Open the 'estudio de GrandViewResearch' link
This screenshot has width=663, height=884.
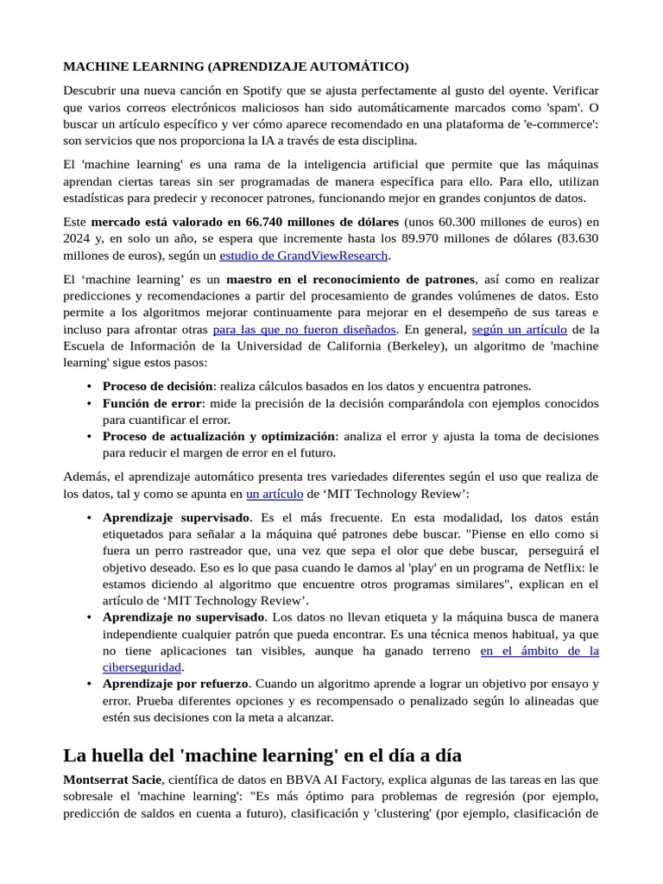[304, 255]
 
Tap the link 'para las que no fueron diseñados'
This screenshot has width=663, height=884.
[305, 330]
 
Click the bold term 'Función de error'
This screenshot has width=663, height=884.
[152, 403]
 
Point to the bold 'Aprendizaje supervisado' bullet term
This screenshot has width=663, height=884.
[176, 518]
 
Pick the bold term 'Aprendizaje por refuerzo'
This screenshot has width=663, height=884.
[175, 684]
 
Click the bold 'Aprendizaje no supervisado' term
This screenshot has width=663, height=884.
[184, 617]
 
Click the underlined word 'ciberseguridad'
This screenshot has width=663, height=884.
[142, 667]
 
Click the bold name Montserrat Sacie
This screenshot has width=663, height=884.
[111, 779]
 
